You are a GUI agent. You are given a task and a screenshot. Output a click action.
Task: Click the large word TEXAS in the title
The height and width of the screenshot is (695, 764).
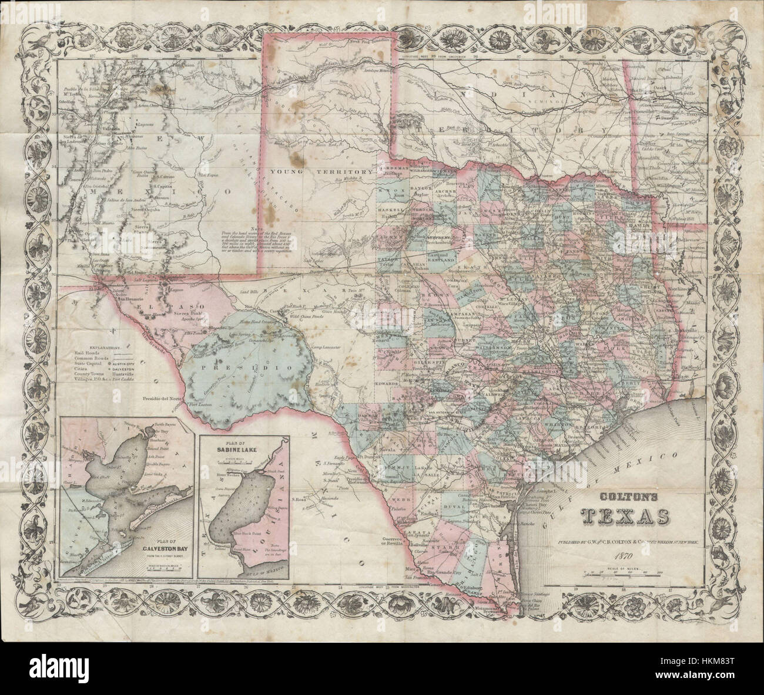[624, 515]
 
